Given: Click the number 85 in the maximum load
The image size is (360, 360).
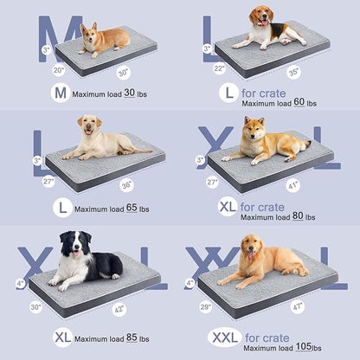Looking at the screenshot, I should click(132, 337).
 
